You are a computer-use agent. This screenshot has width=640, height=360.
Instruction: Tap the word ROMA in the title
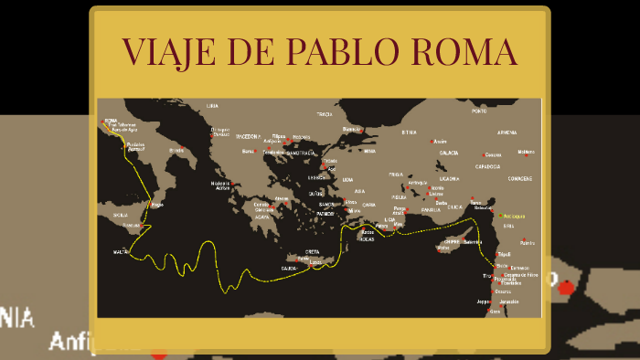[472, 51]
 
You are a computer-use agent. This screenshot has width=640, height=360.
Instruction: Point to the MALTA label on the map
[122, 251]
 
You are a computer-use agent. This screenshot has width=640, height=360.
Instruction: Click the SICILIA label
[121, 215]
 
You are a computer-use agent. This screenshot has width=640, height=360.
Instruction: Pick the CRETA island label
[313, 251]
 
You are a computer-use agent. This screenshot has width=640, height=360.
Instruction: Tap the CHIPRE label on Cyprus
[453, 241]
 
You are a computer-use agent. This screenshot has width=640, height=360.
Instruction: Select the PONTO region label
[479, 111]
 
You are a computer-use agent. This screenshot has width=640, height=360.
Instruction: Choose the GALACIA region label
[448, 154]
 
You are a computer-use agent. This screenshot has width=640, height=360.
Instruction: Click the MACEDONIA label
[249, 136]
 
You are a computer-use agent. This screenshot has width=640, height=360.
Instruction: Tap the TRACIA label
[324, 115]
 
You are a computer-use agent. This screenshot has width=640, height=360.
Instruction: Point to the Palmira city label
[528, 243]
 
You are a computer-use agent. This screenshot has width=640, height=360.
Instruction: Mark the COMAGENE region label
[520, 179]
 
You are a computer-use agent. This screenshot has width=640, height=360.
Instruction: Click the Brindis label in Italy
[176, 151]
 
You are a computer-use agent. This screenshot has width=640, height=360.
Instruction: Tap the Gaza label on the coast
[496, 312]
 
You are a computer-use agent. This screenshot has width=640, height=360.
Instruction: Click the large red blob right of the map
[567, 287]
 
